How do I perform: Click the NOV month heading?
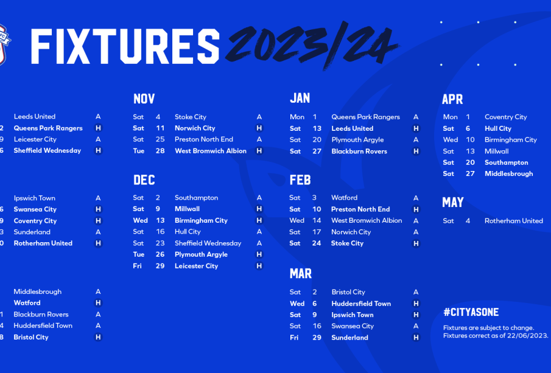144,99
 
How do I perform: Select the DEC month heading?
144,180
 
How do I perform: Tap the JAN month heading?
300,98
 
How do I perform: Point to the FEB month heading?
300,180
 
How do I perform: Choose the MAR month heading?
301,274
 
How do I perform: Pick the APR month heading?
452,99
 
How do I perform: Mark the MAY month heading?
453,202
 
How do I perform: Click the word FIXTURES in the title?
125,46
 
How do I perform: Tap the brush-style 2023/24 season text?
312,45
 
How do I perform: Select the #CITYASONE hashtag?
471,312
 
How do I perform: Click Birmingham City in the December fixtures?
202,220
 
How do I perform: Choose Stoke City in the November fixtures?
191,117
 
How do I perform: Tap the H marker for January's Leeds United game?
416,128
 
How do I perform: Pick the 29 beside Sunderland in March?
317,338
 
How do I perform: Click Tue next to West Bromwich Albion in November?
139,151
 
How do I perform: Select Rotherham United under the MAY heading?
514,221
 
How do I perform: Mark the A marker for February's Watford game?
416,198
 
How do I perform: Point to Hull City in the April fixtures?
498,128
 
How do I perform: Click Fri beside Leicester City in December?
138,266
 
